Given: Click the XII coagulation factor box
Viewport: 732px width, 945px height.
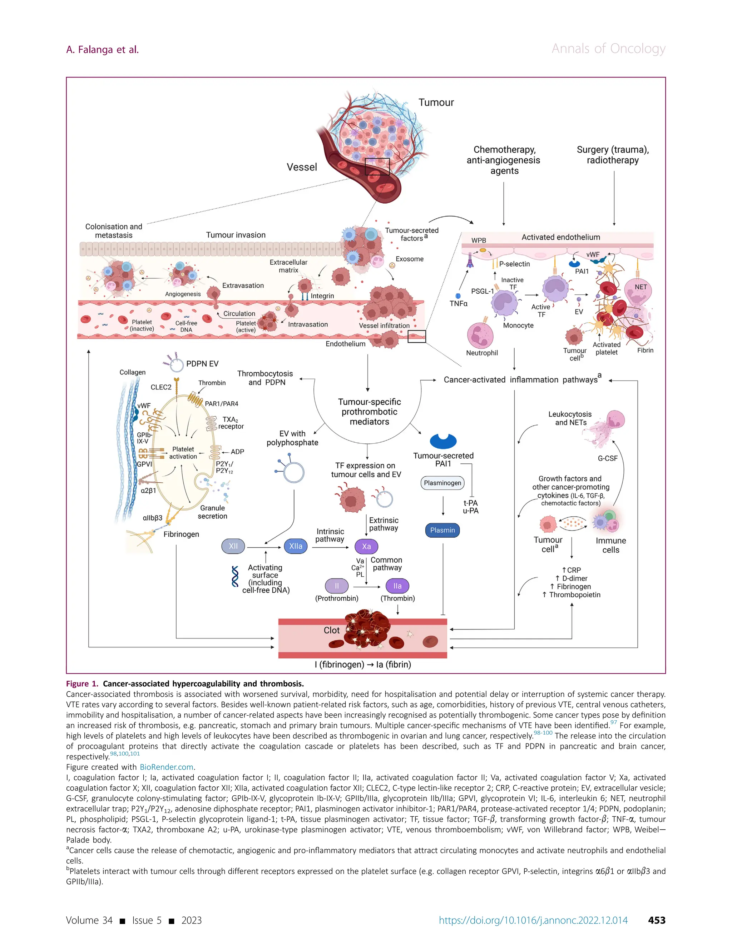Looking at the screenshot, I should pyautogui.click(x=233, y=546).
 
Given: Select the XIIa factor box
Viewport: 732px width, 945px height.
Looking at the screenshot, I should pyautogui.click(x=296, y=546).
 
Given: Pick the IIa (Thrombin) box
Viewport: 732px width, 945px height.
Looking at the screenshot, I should pyautogui.click(x=397, y=586).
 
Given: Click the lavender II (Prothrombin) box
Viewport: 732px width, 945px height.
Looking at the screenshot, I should pyautogui.click(x=336, y=586).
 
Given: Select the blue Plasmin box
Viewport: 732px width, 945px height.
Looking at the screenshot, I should pyautogui.click(x=442, y=530).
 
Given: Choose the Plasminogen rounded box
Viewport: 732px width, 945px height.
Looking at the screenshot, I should pyautogui.click(x=442, y=483).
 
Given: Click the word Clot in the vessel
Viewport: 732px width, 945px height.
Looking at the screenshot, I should pyautogui.click(x=332, y=631).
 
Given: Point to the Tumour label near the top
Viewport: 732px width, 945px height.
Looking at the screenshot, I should pyautogui.click(x=436, y=103).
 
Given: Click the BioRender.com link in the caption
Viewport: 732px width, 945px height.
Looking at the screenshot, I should pyautogui.click(x=166, y=767).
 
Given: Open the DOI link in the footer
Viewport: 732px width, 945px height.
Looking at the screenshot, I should pyautogui.click(x=533, y=920).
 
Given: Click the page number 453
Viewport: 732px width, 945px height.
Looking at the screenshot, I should pyautogui.click(x=656, y=920).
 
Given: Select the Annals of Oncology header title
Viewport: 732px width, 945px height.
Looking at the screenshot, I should pyautogui.click(x=608, y=49).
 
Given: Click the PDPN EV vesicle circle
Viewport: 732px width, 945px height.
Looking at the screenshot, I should pyautogui.click(x=177, y=365).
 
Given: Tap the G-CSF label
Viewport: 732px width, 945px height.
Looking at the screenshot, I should pyautogui.click(x=607, y=458).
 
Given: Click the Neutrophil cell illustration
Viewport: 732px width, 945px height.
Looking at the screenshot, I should pyautogui.click(x=480, y=335).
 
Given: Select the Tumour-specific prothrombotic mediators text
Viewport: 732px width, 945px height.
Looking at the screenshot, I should pyautogui.click(x=369, y=412).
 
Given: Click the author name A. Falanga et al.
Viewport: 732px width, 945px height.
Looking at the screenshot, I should pyautogui.click(x=103, y=50).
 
